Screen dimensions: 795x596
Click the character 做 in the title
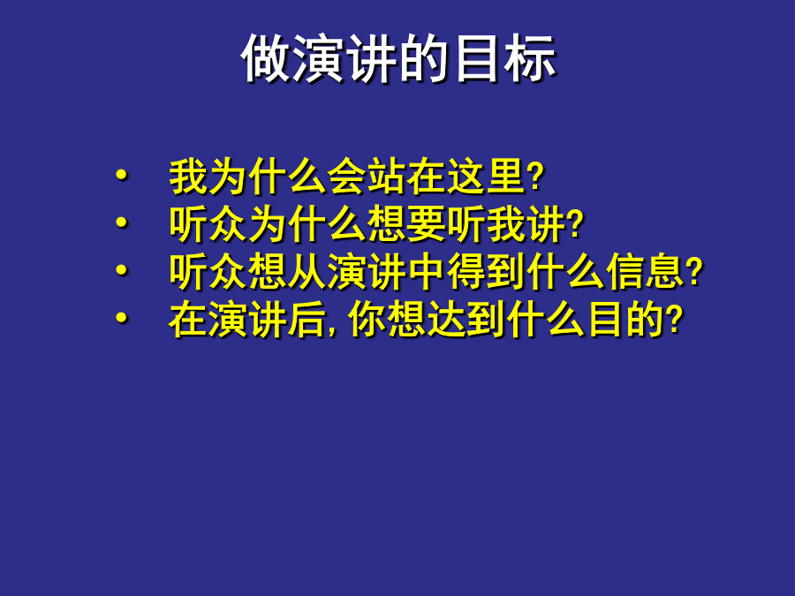coord(266,59)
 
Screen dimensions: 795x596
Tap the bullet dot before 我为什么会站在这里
coord(122,175)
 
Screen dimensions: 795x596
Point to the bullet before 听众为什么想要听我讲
coord(122,222)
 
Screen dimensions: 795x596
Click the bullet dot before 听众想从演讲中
coord(122,269)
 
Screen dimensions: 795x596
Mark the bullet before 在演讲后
coord(122,317)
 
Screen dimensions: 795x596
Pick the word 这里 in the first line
coord(486,177)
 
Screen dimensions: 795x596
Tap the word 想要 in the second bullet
coord(406,223)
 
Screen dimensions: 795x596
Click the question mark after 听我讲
coord(575,224)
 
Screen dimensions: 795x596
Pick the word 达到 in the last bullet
coord(466,319)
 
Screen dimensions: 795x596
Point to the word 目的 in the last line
coord(625,319)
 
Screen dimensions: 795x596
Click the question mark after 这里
coord(535,177)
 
